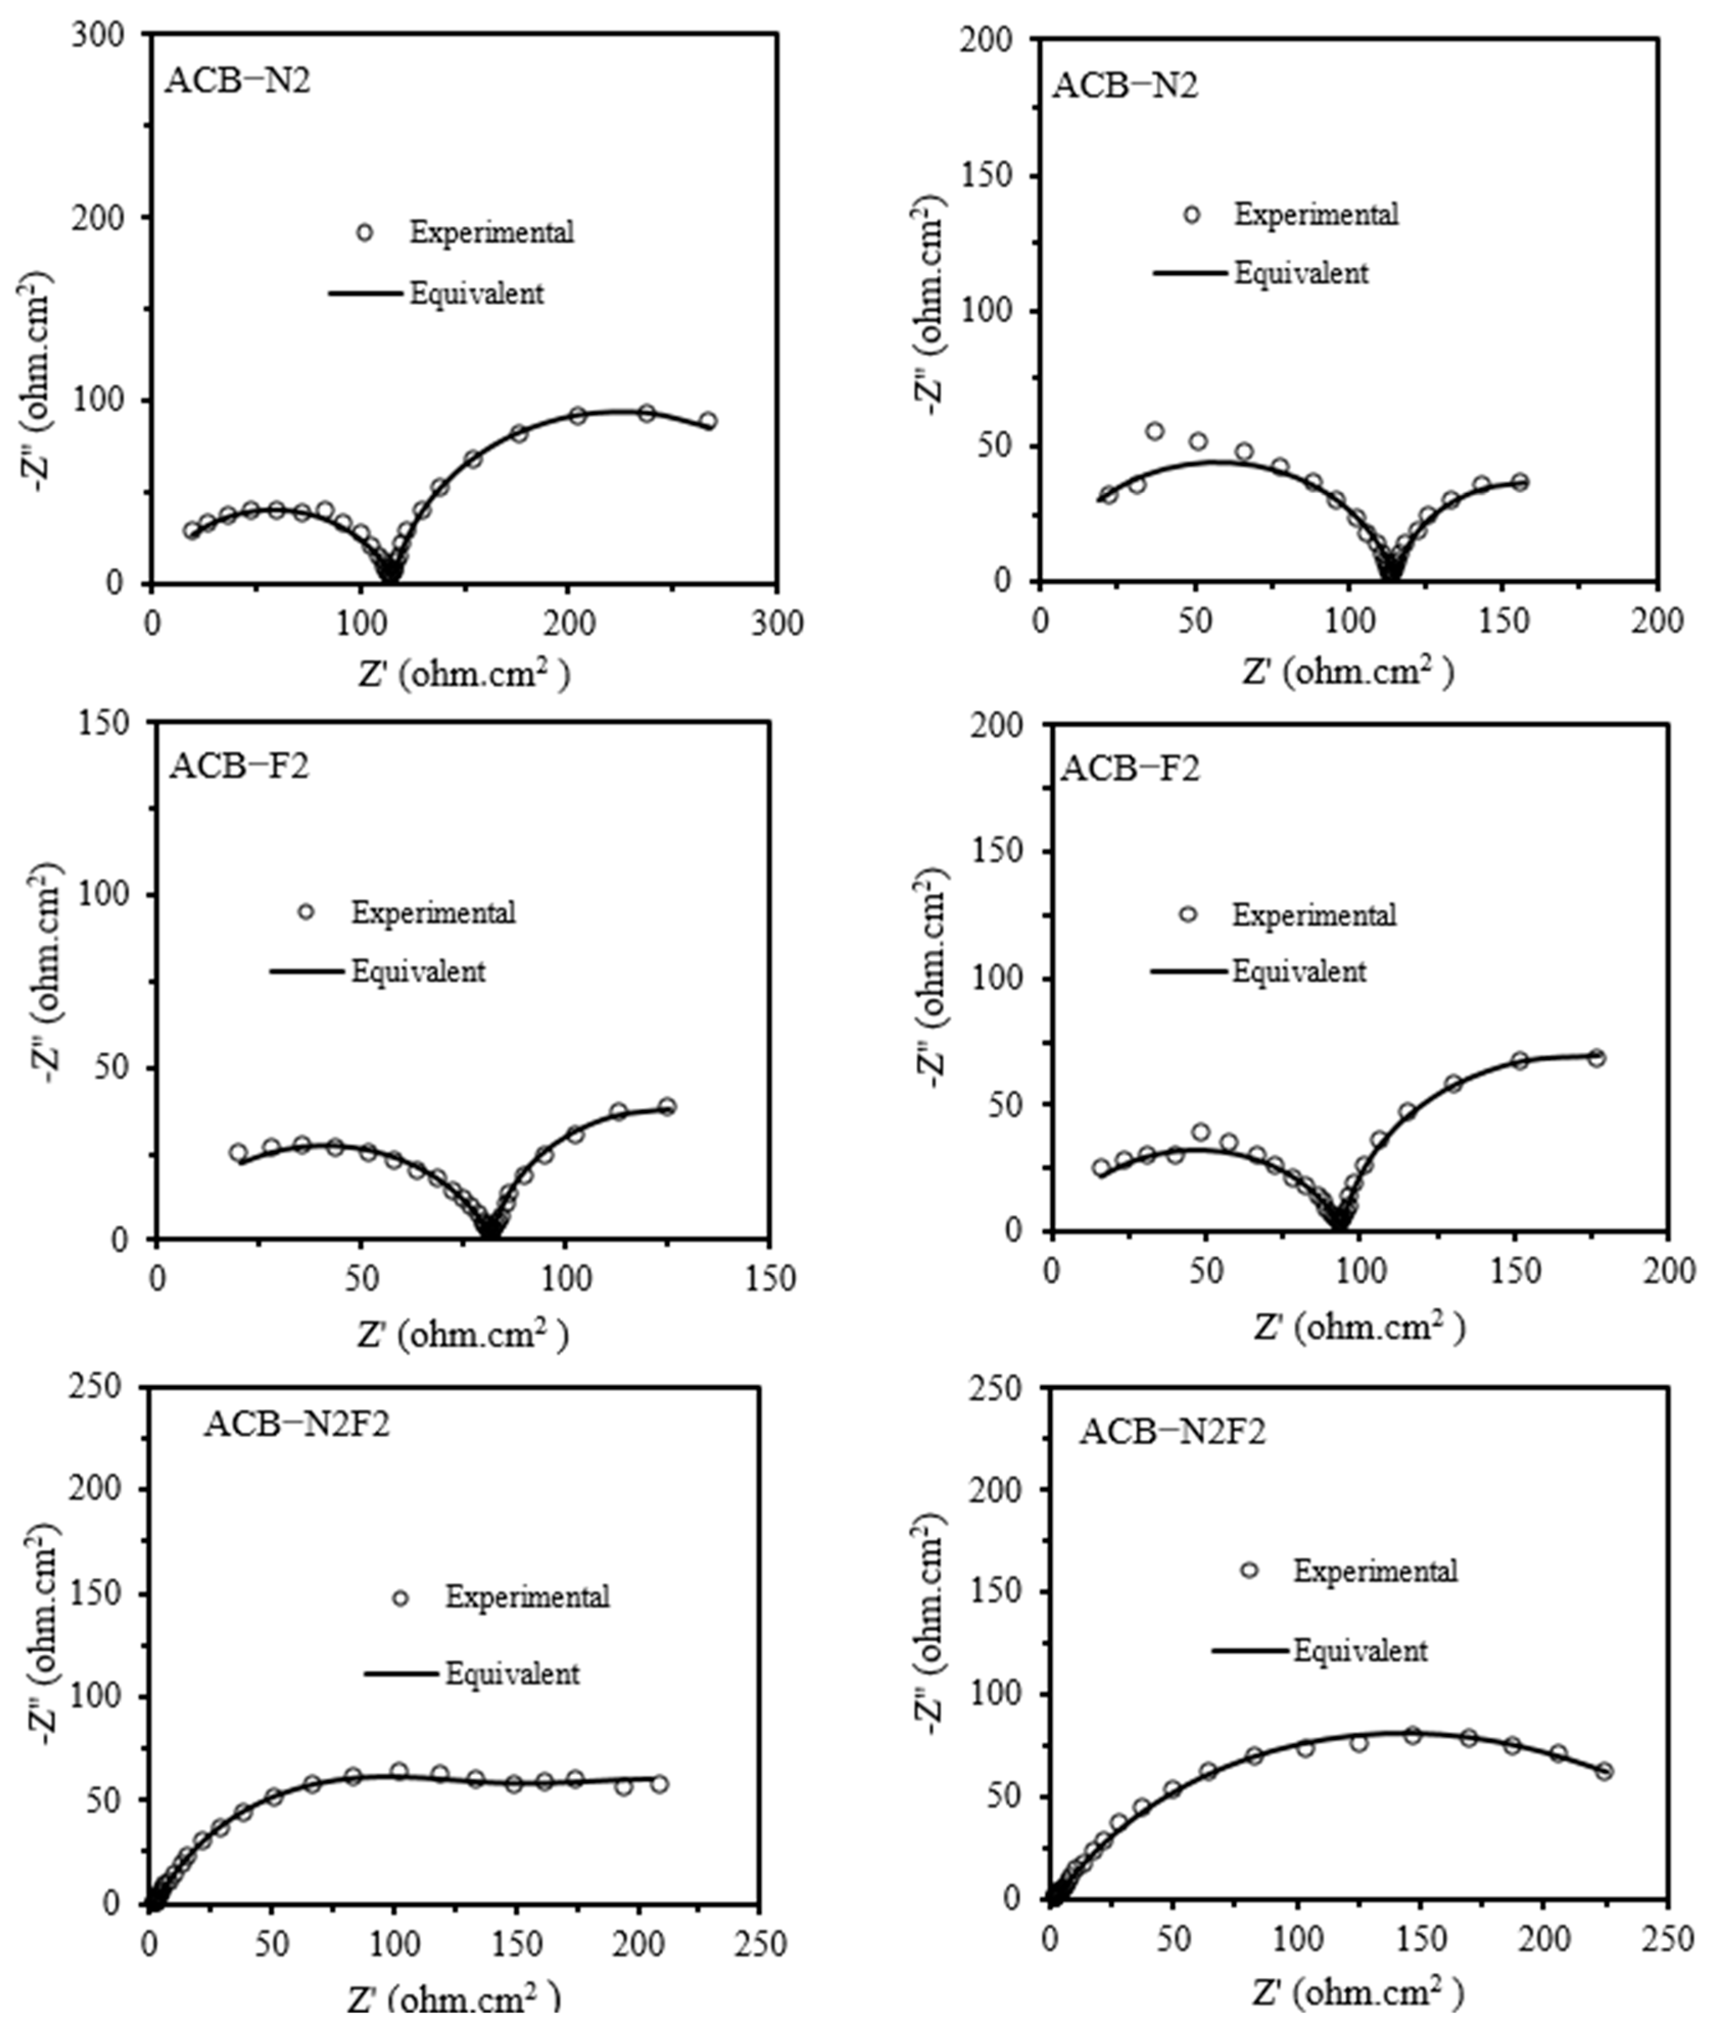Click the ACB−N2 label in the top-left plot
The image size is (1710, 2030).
click(237, 81)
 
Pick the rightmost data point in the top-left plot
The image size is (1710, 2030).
click(709, 421)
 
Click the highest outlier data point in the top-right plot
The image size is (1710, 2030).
click(1155, 431)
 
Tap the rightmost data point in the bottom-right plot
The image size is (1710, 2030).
click(1604, 1771)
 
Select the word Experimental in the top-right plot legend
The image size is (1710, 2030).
click(1315, 214)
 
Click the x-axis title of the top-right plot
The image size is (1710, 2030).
click(1348, 671)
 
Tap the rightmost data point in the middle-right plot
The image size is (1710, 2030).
click(1597, 1058)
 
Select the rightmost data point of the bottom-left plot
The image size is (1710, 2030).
click(659, 1784)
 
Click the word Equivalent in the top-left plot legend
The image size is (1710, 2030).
click(476, 294)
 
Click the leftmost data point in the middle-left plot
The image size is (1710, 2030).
click(237, 1152)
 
